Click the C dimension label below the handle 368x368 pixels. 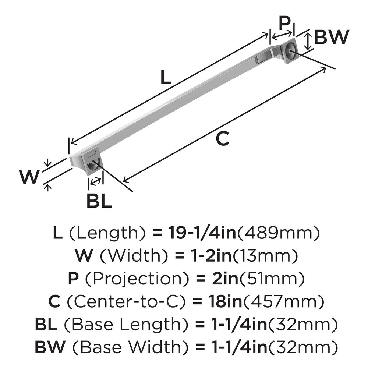click(x=222, y=139)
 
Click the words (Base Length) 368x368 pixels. click(x=128, y=324)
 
